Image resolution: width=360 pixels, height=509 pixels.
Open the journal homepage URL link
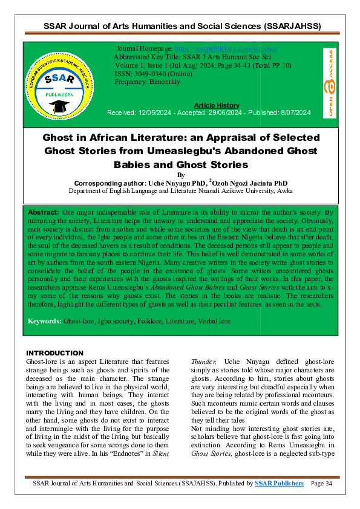[x=225, y=47]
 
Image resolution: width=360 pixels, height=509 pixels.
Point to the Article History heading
[x=217, y=105]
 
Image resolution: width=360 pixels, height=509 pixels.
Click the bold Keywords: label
[x=45, y=319]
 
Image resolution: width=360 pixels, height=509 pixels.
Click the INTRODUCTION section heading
[x=55, y=353]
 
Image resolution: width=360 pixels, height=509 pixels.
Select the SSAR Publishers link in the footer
[x=280, y=483]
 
